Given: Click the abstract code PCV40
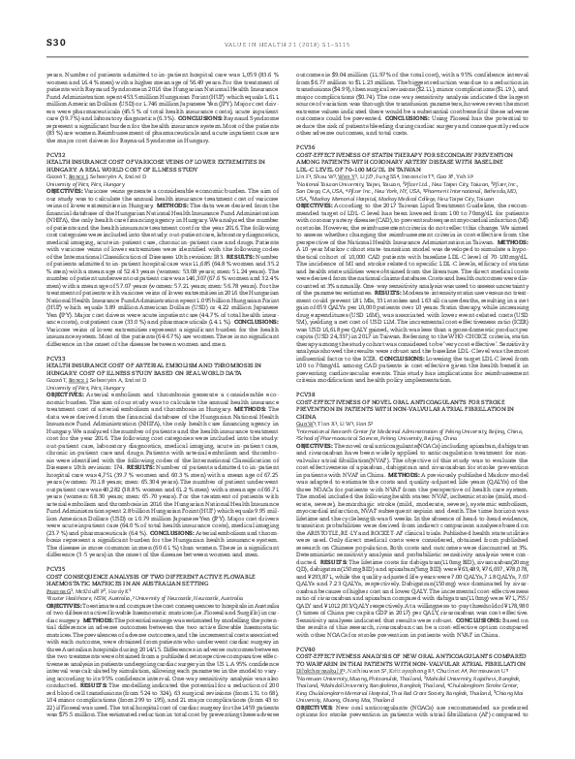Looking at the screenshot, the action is [303, 672].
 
